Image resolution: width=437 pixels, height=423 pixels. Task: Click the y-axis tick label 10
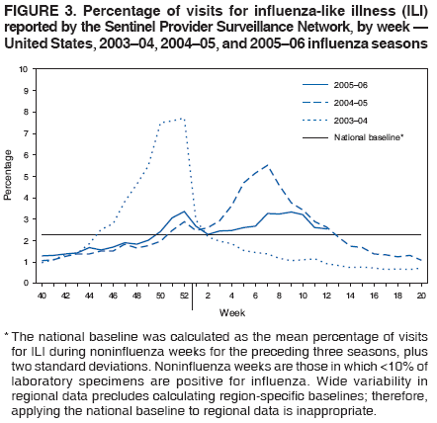click(x=23, y=69)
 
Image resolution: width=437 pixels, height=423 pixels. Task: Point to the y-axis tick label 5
click(x=26, y=176)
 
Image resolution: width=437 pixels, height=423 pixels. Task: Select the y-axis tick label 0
click(x=26, y=283)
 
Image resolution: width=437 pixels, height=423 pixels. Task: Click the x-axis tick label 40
click(x=42, y=295)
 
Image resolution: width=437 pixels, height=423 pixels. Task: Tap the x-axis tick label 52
click(x=184, y=295)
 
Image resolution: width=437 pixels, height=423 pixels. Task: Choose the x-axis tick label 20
click(x=421, y=295)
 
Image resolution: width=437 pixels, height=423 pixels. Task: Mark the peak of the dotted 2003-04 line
click(x=181, y=119)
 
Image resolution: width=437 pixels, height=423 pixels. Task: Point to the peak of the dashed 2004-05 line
click(x=267, y=165)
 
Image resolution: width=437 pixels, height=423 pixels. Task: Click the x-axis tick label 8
click(x=279, y=295)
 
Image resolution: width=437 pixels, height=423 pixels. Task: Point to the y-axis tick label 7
click(x=26, y=133)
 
